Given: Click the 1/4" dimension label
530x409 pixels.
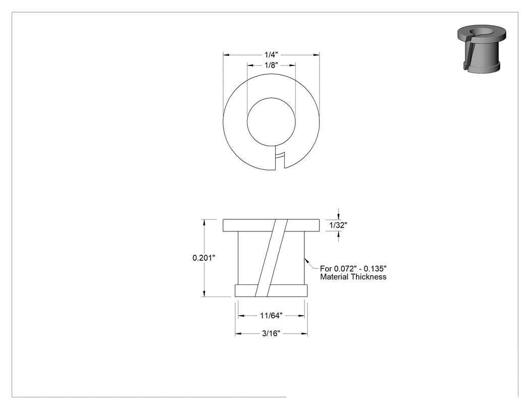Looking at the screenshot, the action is click(x=271, y=54).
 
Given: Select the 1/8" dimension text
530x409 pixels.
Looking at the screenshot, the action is click(x=271, y=65).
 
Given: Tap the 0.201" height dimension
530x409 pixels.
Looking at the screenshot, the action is click(x=204, y=258).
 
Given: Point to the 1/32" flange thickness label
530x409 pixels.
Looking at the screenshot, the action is click(x=338, y=225).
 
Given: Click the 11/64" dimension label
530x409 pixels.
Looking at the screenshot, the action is click(x=271, y=316).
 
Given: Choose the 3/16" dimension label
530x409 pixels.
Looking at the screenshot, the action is click(x=271, y=334).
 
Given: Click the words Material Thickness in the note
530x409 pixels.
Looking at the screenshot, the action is click(x=353, y=277).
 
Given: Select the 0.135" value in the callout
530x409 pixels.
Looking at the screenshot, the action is click(x=375, y=269).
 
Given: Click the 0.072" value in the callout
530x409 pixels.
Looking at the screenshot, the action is click(x=345, y=269).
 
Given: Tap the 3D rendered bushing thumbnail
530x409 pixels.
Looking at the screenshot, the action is click(x=482, y=48).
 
